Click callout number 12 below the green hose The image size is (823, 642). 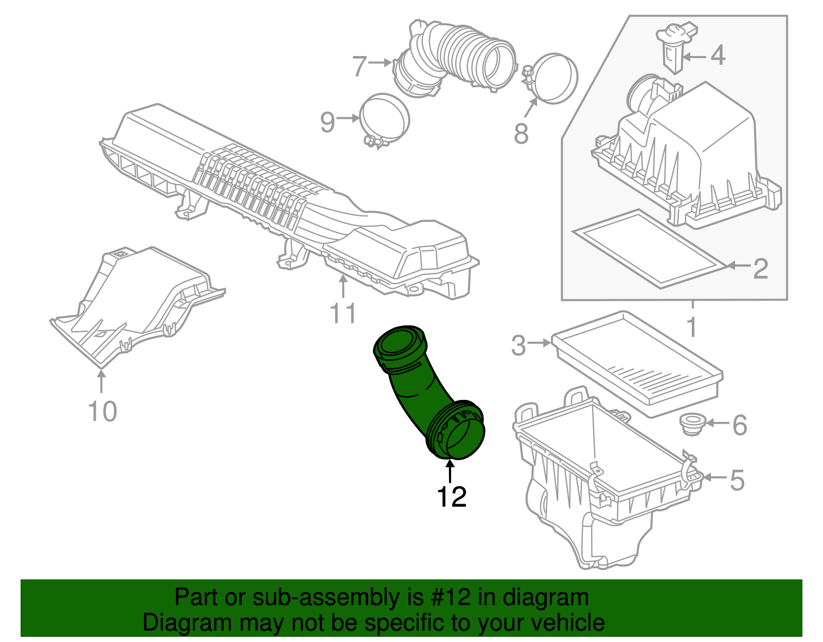click(x=451, y=497)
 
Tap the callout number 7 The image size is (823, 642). click(x=359, y=66)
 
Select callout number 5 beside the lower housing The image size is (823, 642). click(x=737, y=481)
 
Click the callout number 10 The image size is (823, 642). click(x=102, y=411)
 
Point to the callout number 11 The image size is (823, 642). click(x=343, y=313)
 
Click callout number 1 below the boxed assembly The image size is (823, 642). click(x=692, y=327)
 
